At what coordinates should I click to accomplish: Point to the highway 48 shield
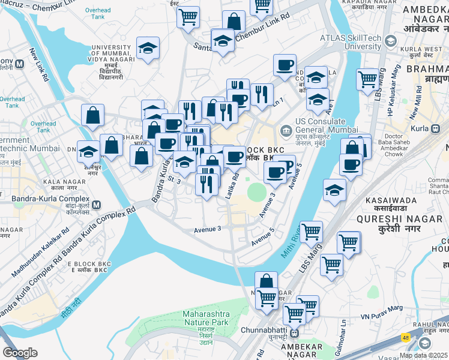(406, 337)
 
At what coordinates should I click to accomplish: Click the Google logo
(20, 353)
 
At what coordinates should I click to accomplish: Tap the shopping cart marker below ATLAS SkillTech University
(367, 79)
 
